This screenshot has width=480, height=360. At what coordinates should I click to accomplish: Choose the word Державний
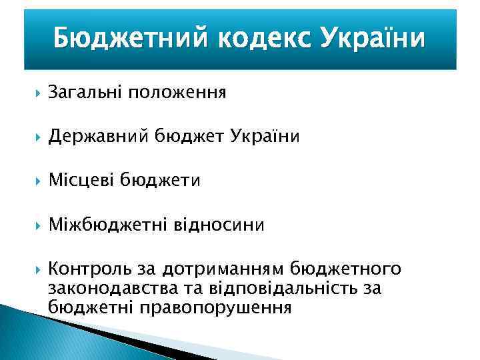[x=99, y=136]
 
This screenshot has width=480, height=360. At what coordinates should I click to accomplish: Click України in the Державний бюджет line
[x=266, y=136]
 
